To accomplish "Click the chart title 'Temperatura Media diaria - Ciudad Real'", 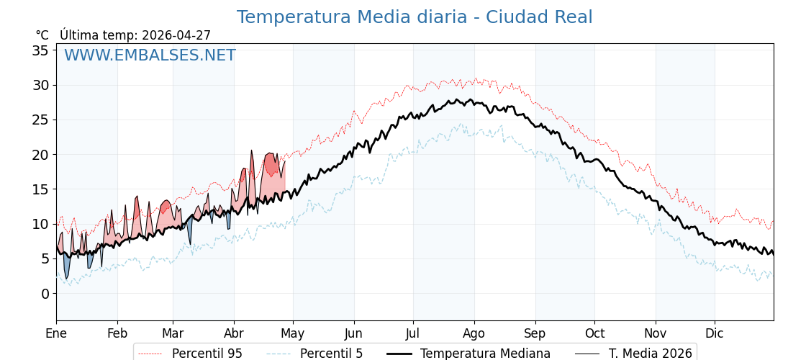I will (x=415, y=17).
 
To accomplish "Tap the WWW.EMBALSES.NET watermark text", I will (x=150, y=55).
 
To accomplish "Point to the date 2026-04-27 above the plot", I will (x=176, y=35).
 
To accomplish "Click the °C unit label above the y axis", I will (x=42, y=35).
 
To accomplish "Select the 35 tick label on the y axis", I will (x=40, y=50).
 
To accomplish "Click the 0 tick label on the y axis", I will (x=45, y=294).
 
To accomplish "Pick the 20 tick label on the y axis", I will (x=40, y=155).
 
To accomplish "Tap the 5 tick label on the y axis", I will (x=45, y=258).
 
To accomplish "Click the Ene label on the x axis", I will (x=56, y=333).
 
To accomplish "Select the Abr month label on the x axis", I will (x=234, y=333).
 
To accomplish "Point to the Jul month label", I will (x=413, y=333).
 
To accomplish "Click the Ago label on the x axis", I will (x=474, y=333).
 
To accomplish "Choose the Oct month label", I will (x=594, y=333).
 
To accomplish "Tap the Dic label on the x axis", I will (x=715, y=333).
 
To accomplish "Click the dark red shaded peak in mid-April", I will (x=271, y=165).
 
